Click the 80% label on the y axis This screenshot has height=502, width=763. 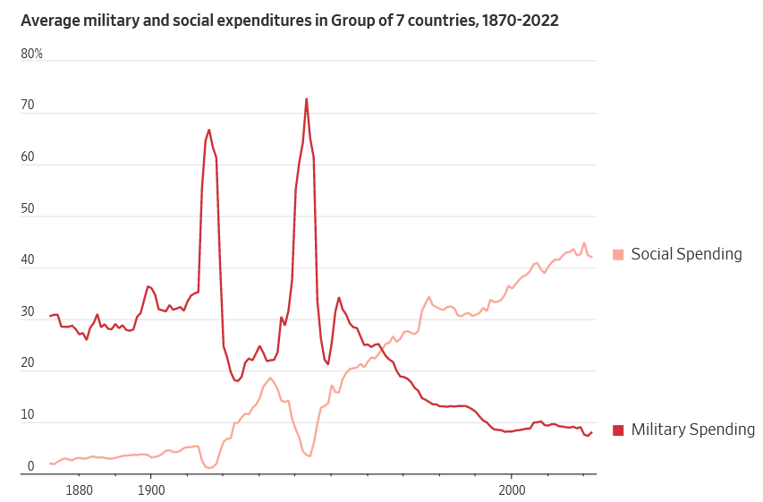click(32, 54)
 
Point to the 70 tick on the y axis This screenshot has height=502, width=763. click(28, 106)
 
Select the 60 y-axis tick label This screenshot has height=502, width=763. click(28, 157)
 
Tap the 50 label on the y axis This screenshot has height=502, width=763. click(28, 209)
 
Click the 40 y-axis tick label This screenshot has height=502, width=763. click(28, 261)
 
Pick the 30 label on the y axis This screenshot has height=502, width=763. click(28, 312)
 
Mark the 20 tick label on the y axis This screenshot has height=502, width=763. click(28, 364)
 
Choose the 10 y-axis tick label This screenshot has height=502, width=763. click(28, 416)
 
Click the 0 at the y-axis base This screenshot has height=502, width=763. click(30, 467)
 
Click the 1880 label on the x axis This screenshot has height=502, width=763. click(79, 490)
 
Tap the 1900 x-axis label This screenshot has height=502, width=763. click(151, 490)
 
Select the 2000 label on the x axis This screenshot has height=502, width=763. click(512, 490)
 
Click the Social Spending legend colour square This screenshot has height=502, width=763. click(618, 254)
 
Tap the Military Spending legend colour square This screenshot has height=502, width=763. click(618, 430)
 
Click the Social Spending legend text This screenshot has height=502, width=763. click(686, 254)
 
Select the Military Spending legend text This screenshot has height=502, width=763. click(692, 430)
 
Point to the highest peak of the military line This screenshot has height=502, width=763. click(306, 98)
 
